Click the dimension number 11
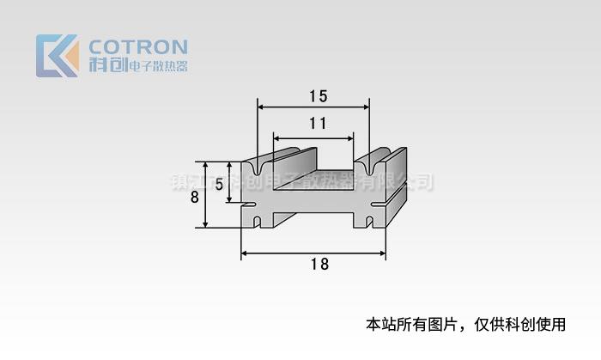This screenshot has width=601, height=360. [x=317, y=123]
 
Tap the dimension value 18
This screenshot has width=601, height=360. [x=319, y=265]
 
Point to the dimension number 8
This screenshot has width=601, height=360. [x=194, y=196]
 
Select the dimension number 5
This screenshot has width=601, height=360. [x=220, y=184]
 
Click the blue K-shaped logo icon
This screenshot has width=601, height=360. [x=57, y=56]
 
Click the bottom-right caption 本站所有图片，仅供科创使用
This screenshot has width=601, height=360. [x=466, y=325]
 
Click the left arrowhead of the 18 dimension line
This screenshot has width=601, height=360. [x=245, y=253]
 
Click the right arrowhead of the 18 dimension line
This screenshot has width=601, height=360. [x=381, y=253]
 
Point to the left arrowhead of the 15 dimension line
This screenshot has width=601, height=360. [x=262, y=107]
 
